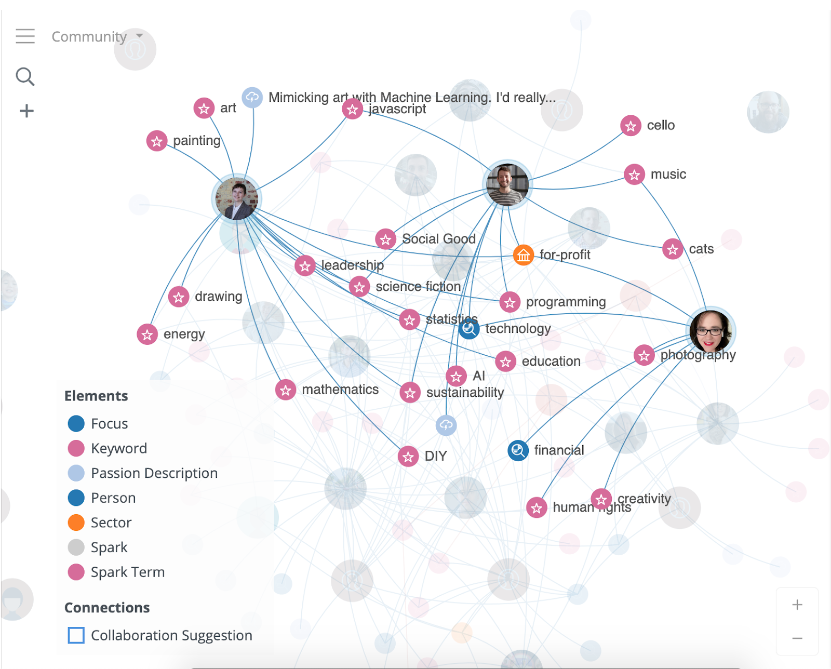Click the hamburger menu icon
pyautogui.click(x=25, y=36)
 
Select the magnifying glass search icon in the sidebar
pyautogui.click(x=25, y=76)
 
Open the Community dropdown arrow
pyautogui.click(x=139, y=36)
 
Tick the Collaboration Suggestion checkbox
pyautogui.click(x=76, y=635)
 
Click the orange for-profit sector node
pyautogui.click(x=524, y=255)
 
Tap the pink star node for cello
pyautogui.click(x=631, y=126)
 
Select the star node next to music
pyautogui.click(x=634, y=175)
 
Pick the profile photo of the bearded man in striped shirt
pyautogui.click(x=507, y=184)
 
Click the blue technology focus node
pyautogui.click(x=468, y=328)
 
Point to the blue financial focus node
pyautogui.click(x=518, y=450)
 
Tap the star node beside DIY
pyautogui.click(x=408, y=457)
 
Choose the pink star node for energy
pyautogui.click(x=148, y=334)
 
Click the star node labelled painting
pyautogui.click(x=157, y=141)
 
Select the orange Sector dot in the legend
pyautogui.click(x=76, y=523)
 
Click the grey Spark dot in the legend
pyautogui.click(x=76, y=547)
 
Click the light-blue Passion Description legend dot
pyautogui.click(x=76, y=473)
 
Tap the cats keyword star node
pyautogui.click(x=673, y=250)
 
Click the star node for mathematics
pyautogui.click(x=286, y=390)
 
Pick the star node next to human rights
pyautogui.click(x=537, y=507)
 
